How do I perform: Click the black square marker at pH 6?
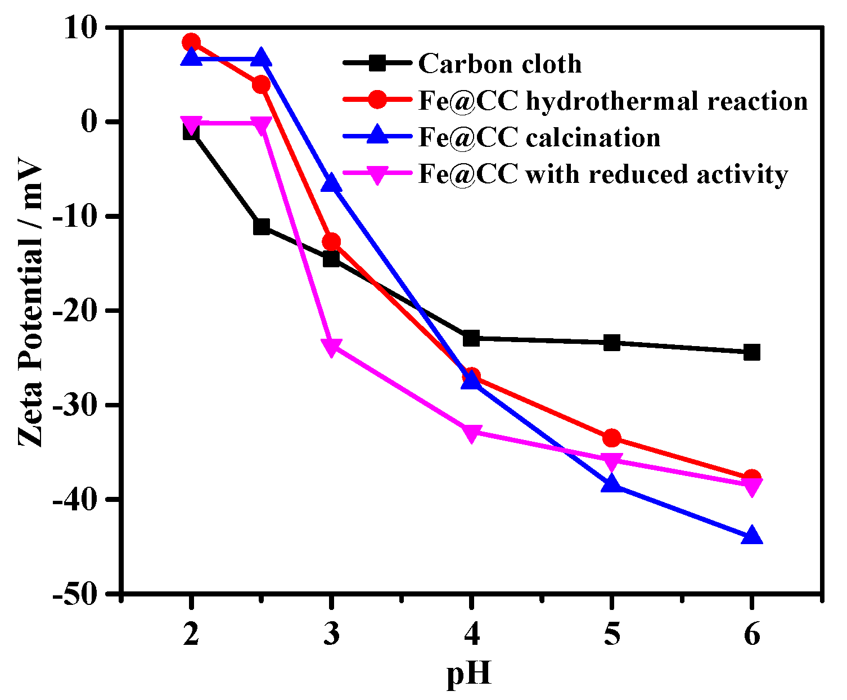(x=752, y=353)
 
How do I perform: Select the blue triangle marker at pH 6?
(x=752, y=536)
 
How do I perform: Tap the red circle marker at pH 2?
(x=191, y=42)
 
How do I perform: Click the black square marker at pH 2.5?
(x=262, y=227)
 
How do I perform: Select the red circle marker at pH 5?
(x=612, y=438)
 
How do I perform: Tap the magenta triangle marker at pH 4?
(x=471, y=433)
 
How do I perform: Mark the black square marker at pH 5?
(x=612, y=342)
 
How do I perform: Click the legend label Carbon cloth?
(x=499, y=64)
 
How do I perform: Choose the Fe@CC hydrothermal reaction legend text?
(x=613, y=101)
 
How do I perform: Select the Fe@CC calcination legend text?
(x=539, y=138)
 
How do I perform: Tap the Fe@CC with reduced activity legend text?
(x=603, y=174)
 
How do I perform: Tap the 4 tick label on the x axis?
(x=471, y=635)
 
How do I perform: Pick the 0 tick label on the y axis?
(x=90, y=122)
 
